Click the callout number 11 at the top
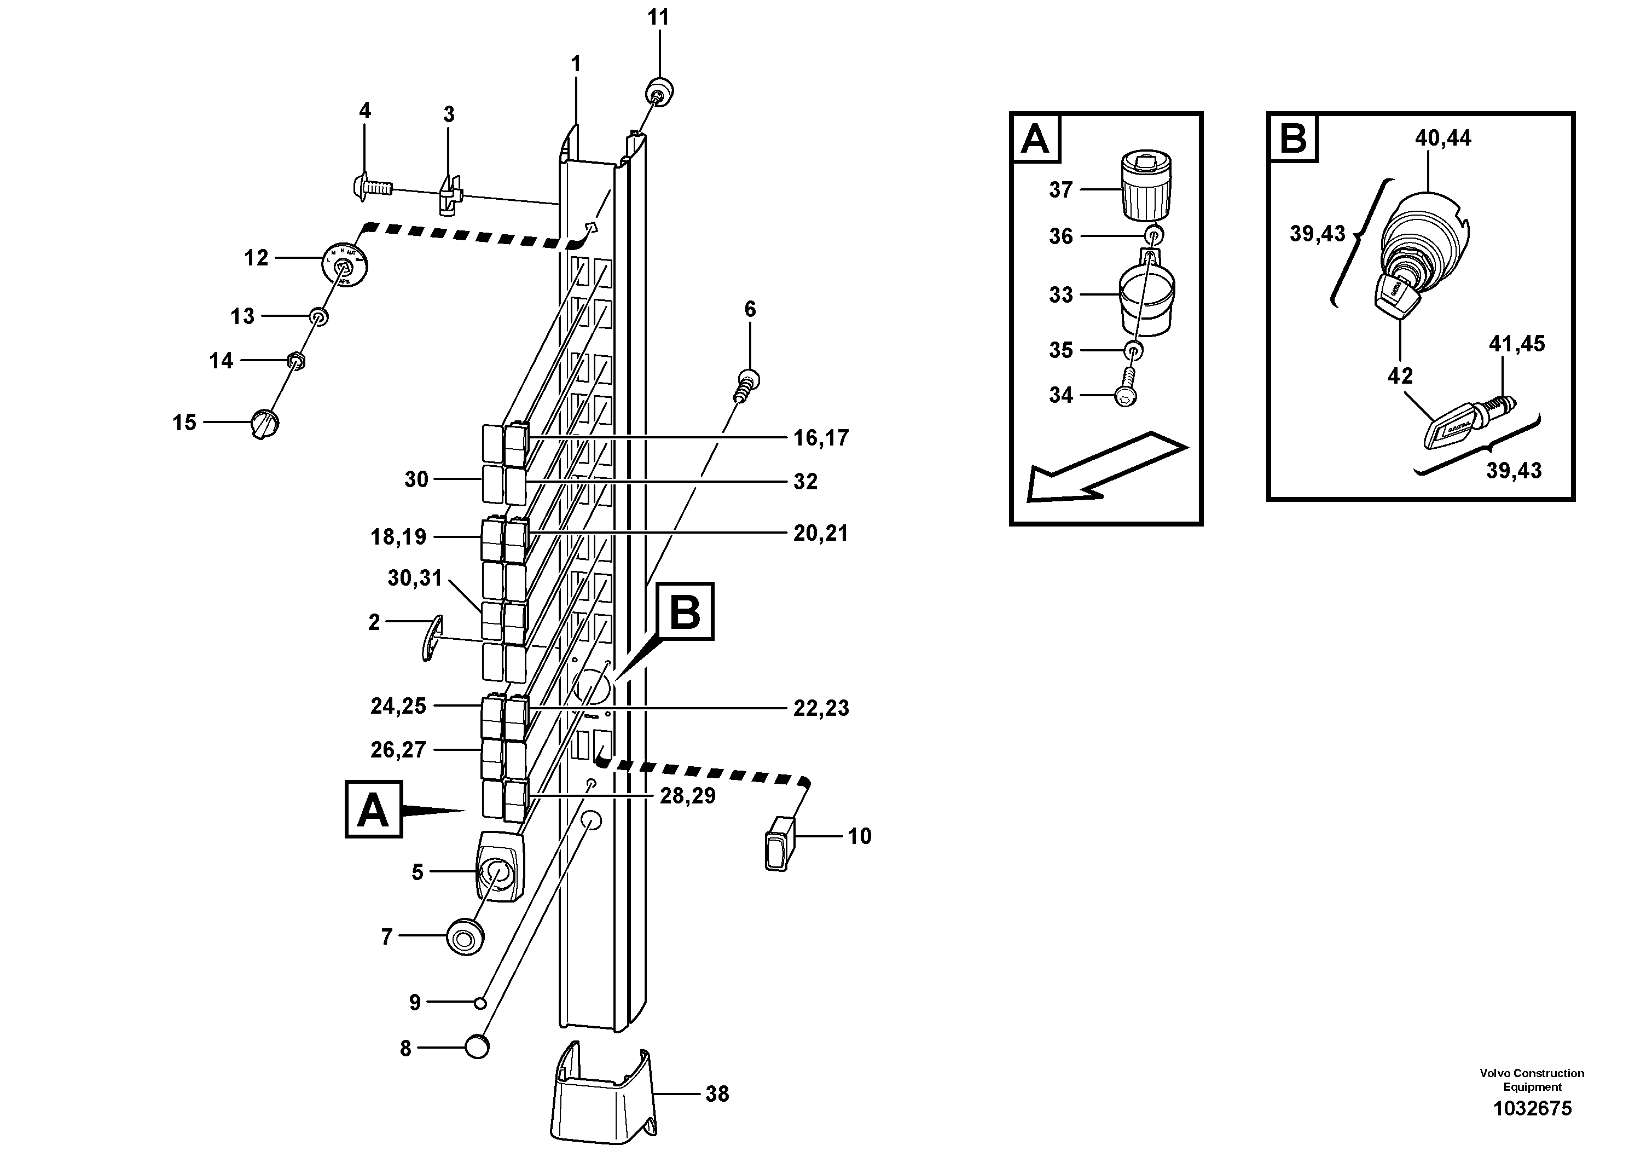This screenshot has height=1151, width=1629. click(x=658, y=18)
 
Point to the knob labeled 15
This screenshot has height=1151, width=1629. click(x=265, y=424)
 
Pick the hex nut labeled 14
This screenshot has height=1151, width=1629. click(x=297, y=361)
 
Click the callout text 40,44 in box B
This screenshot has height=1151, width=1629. click(x=1442, y=138)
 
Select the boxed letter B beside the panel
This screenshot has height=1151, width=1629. click(x=685, y=612)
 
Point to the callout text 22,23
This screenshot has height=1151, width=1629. click(x=820, y=708)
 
